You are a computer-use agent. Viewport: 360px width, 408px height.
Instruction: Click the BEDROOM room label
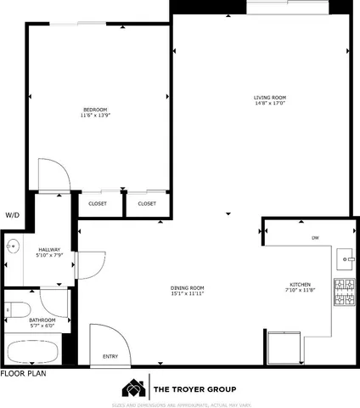pyautogui.click(x=95, y=109)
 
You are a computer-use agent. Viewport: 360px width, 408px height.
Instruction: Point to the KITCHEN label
pyautogui.click(x=301, y=284)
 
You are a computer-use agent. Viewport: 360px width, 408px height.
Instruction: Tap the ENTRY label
pyautogui.click(x=110, y=356)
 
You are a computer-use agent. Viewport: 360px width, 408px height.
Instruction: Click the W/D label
pyautogui.click(x=12, y=215)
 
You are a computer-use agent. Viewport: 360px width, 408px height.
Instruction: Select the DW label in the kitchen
pyautogui.click(x=315, y=237)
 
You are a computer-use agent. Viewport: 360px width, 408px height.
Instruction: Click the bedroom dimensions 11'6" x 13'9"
pyautogui.click(x=95, y=115)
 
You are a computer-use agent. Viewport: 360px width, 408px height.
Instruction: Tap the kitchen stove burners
pyautogui.click(x=343, y=292)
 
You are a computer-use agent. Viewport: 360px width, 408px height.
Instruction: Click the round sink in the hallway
pyautogui.click(x=11, y=247)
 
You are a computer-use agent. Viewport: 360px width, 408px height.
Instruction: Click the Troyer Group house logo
pyautogui.click(x=134, y=388)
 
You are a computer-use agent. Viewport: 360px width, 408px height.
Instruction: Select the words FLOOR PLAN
pyautogui.click(x=22, y=372)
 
